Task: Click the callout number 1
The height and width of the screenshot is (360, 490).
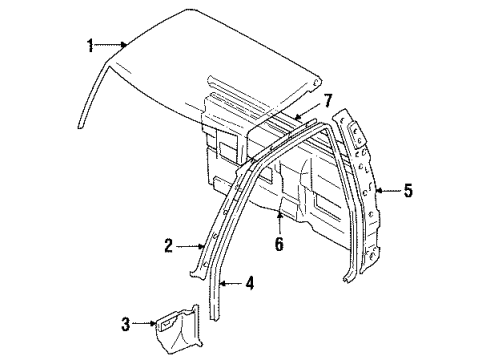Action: pos(89,43)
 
